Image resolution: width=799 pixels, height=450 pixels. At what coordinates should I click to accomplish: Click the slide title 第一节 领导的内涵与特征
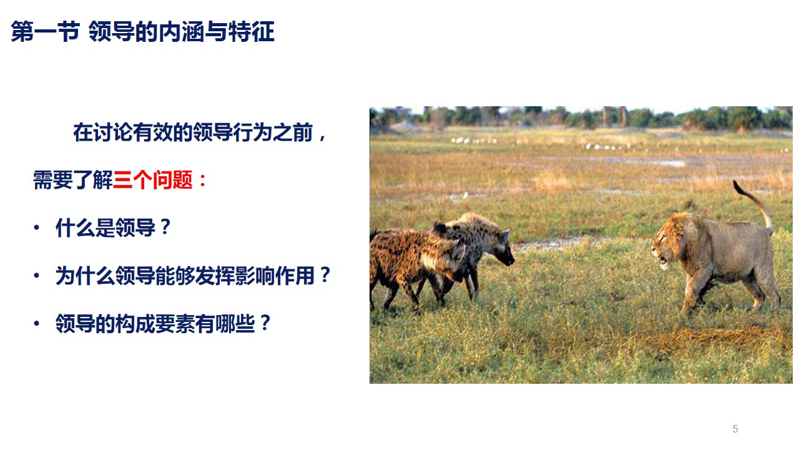(x=142, y=32)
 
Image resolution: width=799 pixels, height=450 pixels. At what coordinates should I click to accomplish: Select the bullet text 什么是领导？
(x=113, y=228)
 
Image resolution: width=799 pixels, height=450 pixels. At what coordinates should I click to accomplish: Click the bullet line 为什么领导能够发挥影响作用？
(x=193, y=276)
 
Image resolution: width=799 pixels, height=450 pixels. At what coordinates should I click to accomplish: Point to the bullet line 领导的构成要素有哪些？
(x=164, y=323)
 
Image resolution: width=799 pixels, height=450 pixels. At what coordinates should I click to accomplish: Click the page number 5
(x=735, y=429)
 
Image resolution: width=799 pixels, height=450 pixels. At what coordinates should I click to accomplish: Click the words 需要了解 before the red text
(x=72, y=181)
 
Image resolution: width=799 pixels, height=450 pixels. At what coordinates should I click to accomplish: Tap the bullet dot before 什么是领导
(x=36, y=228)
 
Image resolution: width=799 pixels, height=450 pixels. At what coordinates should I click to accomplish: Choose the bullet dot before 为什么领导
(x=36, y=276)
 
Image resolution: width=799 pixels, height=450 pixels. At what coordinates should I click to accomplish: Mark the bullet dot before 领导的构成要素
(x=36, y=323)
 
